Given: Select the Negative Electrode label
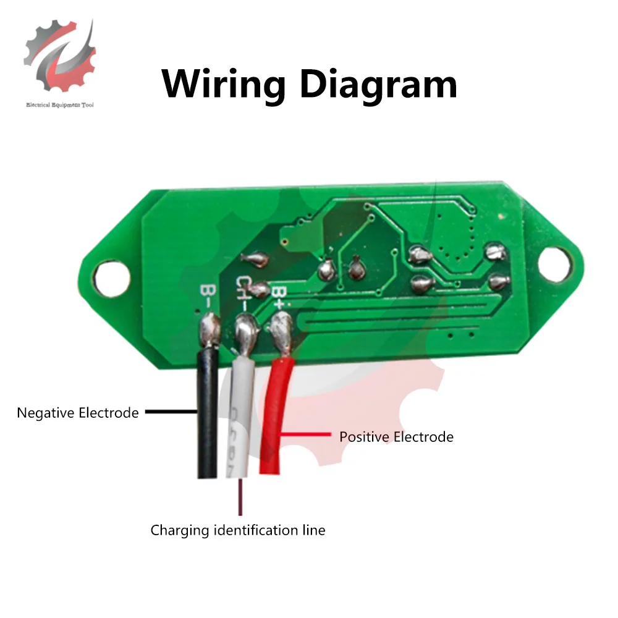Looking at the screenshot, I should (78, 413).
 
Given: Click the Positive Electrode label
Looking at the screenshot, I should (396, 437).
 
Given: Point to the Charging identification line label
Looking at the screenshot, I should (238, 530).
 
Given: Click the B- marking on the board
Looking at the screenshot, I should (206, 295).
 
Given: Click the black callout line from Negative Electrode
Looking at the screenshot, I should (170, 413).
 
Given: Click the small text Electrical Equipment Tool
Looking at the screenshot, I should (60, 105).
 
